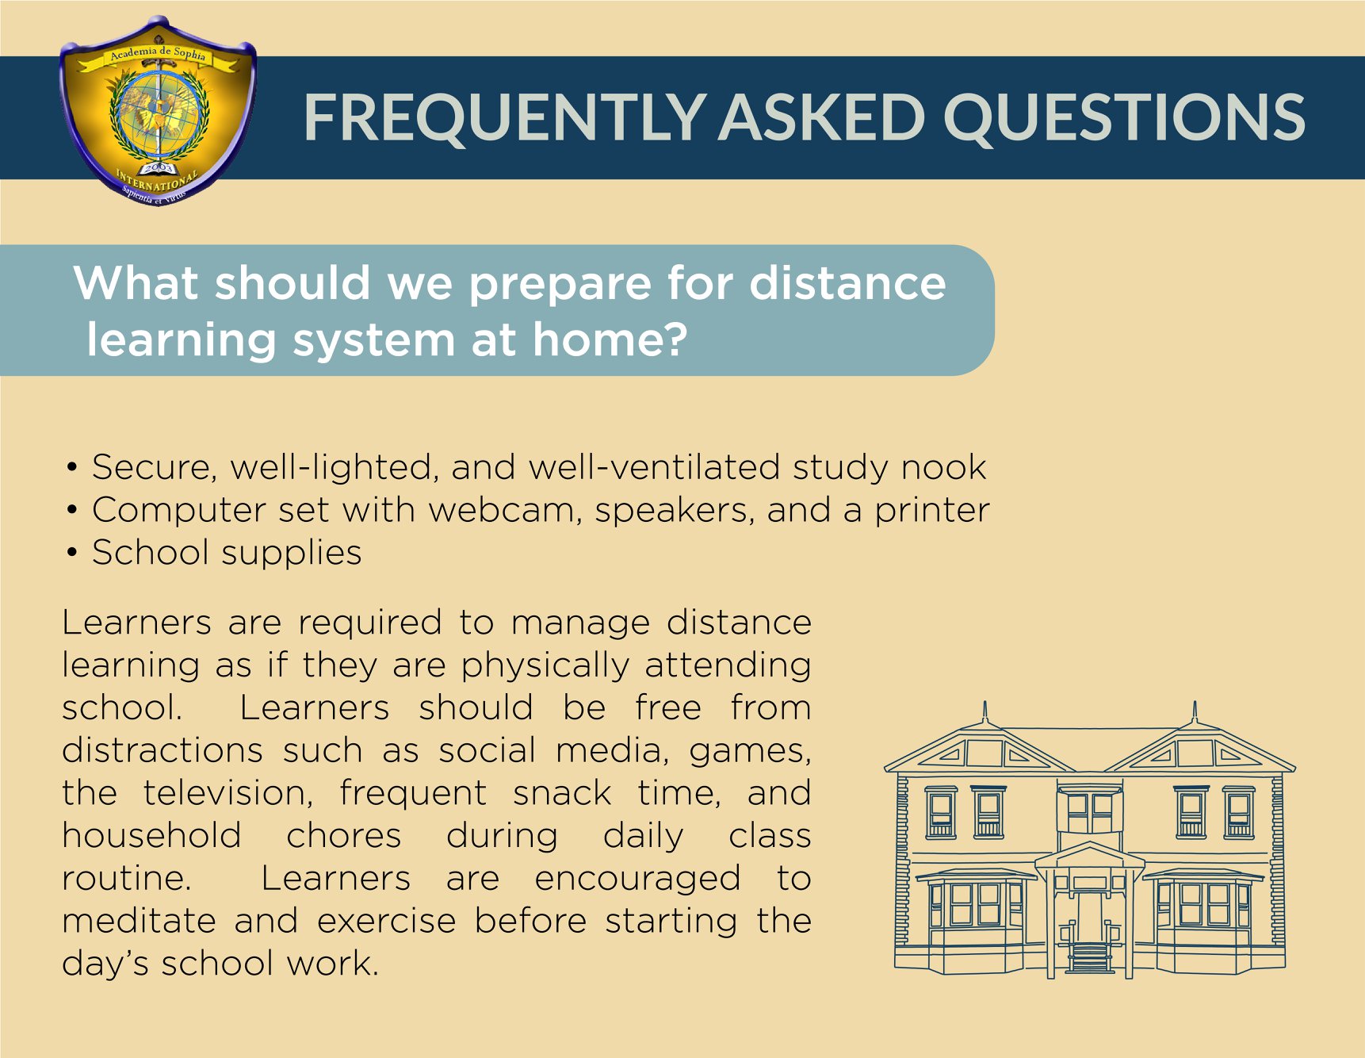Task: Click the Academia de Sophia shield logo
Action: [158, 111]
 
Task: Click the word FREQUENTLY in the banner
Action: [505, 117]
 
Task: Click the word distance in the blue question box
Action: [847, 282]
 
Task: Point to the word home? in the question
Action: [610, 339]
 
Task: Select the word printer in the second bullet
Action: [932, 511]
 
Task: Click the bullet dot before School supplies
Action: [72, 553]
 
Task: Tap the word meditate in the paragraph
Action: [139, 921]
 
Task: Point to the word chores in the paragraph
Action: [344, 835]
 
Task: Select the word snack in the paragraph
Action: [562, 792]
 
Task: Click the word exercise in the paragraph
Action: [387, 921]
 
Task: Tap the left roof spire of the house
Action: [985, 712]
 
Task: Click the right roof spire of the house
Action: [1195, 712]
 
